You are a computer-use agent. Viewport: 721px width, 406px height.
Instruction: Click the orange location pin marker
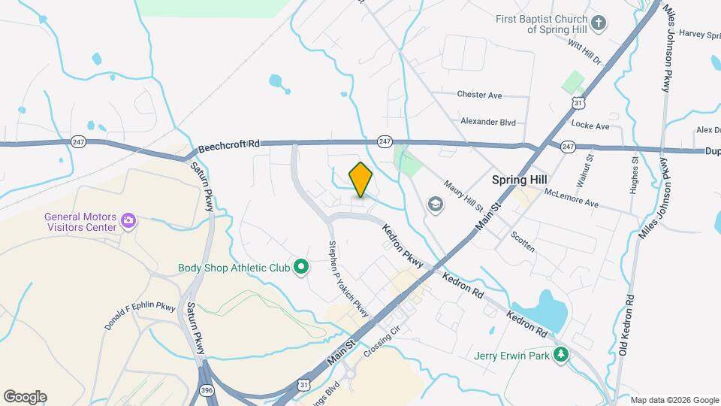361,179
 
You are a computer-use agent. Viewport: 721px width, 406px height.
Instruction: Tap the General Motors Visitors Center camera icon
128,220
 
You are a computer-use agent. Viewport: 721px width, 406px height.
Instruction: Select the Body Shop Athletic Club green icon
301,266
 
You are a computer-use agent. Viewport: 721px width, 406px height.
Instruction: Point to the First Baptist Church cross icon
599,23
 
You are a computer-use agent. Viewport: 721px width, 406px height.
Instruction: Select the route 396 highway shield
207,390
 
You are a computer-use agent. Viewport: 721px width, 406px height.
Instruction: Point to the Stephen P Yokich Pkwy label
348,278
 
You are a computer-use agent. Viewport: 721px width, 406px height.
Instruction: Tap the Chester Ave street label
479,95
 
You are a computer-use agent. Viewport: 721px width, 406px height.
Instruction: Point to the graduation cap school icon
434,204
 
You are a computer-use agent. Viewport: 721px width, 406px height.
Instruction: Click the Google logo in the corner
25,396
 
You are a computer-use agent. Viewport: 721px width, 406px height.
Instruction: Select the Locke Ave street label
590,126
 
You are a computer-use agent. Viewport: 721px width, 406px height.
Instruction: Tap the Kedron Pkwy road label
403,244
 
